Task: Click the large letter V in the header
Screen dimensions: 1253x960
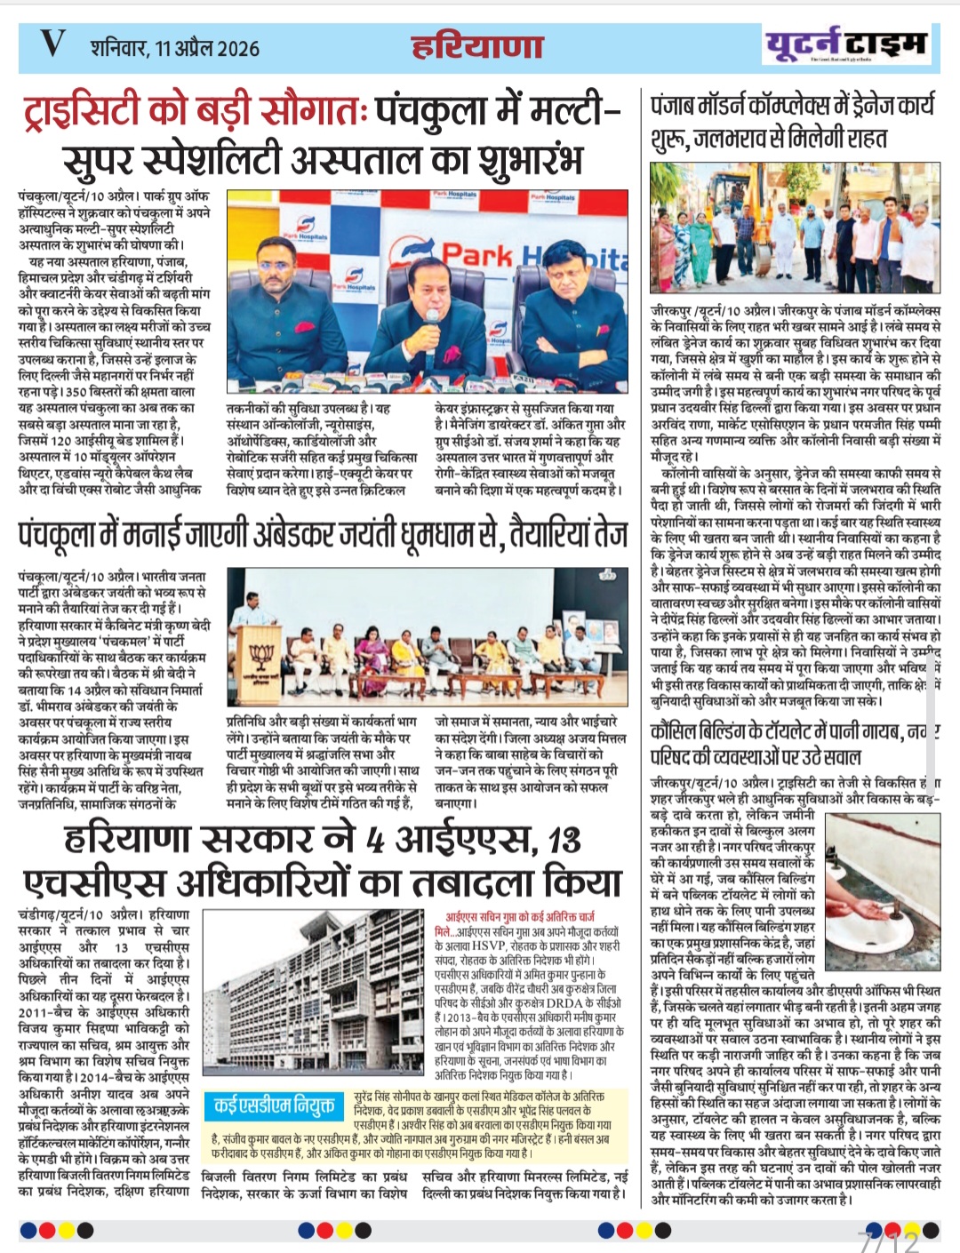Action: point(52,44)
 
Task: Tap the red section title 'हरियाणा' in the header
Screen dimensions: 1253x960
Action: point(477,46)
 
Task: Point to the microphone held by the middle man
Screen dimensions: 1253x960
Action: point(433,320)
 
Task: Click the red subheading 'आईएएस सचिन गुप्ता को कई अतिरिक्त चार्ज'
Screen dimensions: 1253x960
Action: point(520,915)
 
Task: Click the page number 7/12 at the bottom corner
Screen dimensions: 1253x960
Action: point(888,1240)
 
